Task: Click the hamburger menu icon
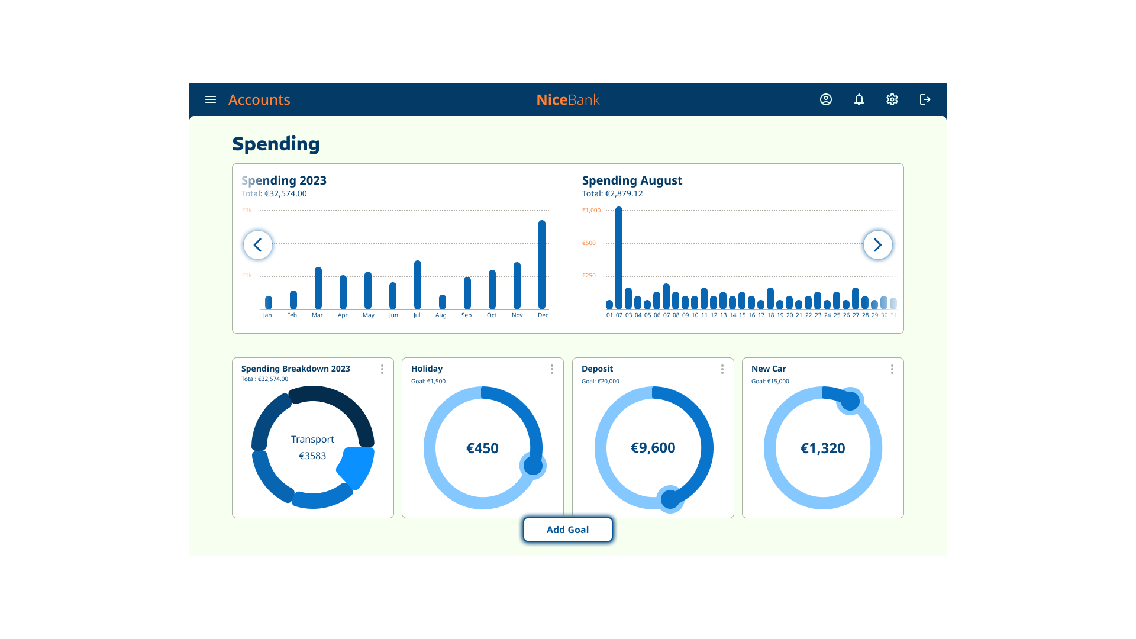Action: pos(211,99)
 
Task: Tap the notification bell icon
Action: pos(859,99)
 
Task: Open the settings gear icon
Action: pos(892,99)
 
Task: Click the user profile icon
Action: pos(826,99)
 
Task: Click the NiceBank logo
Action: pos(568,99)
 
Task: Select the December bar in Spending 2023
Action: pos(542,265)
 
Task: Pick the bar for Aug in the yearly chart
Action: pos(443,302)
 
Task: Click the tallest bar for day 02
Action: pos(619,257)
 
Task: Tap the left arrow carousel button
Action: pos(258,245)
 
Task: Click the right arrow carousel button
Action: pos(878,245)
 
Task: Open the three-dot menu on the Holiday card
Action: pos(552,369)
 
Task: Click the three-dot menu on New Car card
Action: pos(892,369)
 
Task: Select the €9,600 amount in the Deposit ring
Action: pos(653,448)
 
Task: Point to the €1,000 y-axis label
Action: pos(591,211)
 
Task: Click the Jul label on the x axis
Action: pos(417,315)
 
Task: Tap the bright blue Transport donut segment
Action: pos(357,466)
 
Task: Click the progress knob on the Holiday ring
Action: pos(533,466)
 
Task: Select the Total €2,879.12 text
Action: pos(612,193)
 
